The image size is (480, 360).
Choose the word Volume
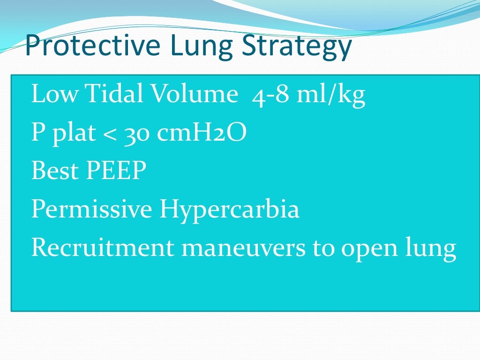pyautogui.click(x=193, y=95)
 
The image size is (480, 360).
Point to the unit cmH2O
pyautogui.click(x=202, y=134)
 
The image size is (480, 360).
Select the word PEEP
pyautogui.click(x=115, y=171)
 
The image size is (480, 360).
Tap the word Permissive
pyautogui.click(x=91, y=210)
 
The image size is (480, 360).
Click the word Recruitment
pyautogui.click(x=103, y=248)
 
